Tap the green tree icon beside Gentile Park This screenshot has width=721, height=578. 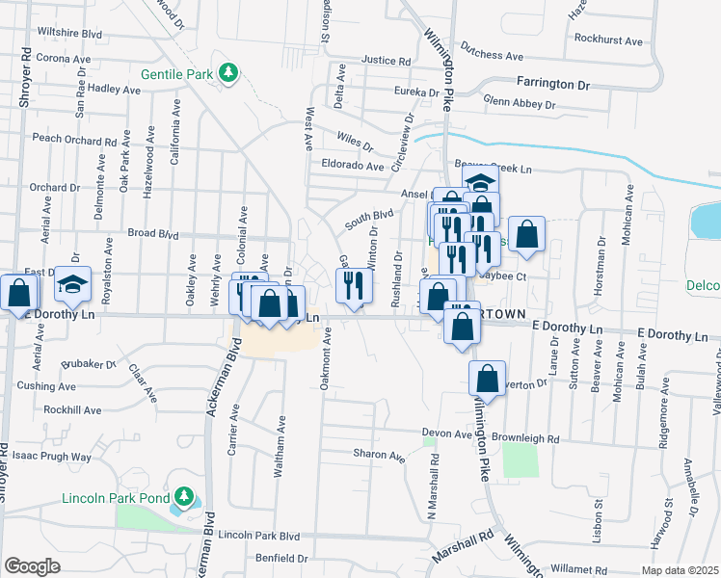tap(228, 73)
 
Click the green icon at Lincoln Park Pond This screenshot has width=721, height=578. tap(183, 498)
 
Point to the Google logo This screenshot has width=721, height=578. tap(31, 566)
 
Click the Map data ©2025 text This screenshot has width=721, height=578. tap(680, 570)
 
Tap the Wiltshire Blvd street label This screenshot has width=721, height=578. tap(69, 33)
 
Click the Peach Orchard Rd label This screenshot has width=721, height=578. tap(74, 138)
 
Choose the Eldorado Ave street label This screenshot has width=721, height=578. tap(353, 166)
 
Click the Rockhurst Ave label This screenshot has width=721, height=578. tap(607, 41)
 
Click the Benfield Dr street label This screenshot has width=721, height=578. tap(281, 558)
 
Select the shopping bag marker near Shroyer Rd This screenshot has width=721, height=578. tap(18, 293)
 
